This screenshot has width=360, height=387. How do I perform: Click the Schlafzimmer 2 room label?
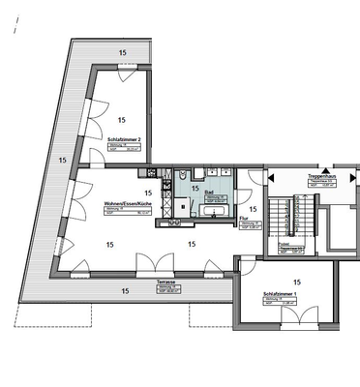(125, 139)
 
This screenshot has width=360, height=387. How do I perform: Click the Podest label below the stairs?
(286, 246)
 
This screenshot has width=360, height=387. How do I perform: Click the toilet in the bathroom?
(182, 177)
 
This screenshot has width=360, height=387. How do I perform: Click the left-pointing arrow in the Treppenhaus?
(272, 178)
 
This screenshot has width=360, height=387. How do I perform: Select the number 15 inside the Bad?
(195, 190)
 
